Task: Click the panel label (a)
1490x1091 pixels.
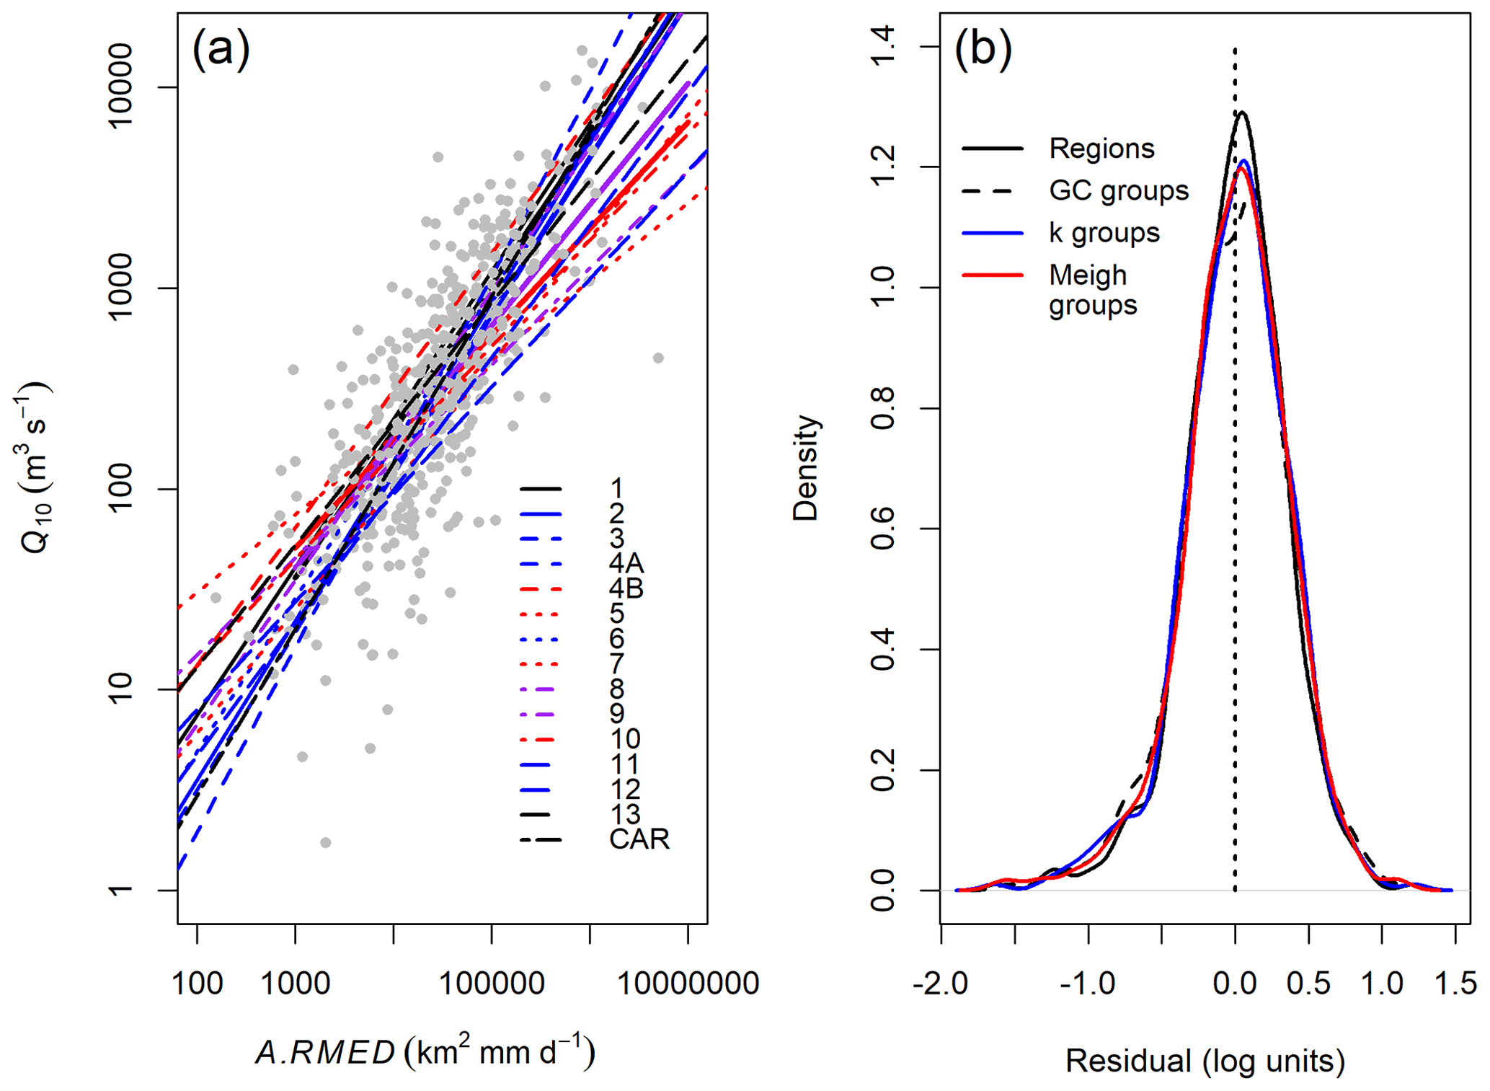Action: click(x=221, y=50)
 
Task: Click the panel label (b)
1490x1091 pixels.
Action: click(x=983, y=50)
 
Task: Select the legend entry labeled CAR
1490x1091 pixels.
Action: click(x=639, y=839)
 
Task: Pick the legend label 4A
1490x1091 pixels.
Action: click(x=626, y=563)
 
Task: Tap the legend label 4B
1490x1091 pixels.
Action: click(x=626, y=588)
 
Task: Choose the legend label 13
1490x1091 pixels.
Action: click(x=624, y=814)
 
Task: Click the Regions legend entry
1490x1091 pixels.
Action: click(x=1101, y=149)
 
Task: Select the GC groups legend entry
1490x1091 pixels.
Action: click(x=1118, y=190)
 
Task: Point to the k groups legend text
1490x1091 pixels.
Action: click(x=1104, y=233)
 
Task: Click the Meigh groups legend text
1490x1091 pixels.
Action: click(x=1091, y=289)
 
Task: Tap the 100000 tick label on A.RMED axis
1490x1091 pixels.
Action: click(x=491, y=983)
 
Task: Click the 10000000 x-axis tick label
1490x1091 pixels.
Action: click(x=688, y=983)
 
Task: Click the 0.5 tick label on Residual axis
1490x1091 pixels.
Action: click(x=1308, y=983)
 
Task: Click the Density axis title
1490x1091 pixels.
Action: click(x=805, y=468)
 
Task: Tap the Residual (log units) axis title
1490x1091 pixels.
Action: click(x=1205, y=1061)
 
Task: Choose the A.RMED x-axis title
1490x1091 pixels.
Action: click(x=425, y=1052)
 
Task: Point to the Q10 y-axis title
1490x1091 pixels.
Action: click(x=33, y=468)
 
